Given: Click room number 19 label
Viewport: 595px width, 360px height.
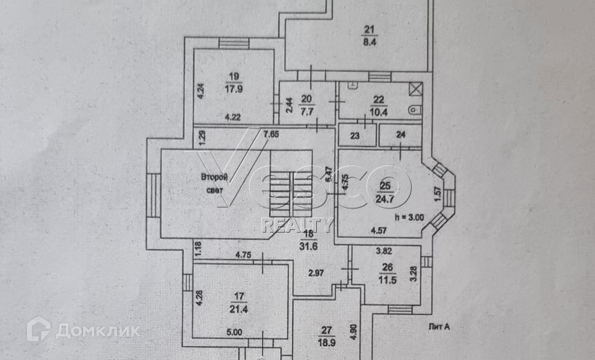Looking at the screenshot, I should tap(232, 76).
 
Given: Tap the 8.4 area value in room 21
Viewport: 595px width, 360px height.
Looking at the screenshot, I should tap(369, 41).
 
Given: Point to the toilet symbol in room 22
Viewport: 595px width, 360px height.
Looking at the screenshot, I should tap(414, 109).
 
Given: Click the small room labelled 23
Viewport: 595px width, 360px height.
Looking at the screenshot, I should tap(355, 136).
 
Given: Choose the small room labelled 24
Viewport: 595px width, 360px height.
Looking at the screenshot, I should tap(401, 136).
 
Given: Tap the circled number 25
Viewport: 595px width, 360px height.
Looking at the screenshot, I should tap(386, 186).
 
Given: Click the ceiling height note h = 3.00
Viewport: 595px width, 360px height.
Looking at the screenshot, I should tap(408, 216).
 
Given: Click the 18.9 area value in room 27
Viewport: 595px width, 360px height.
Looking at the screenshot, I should tap(326, 342).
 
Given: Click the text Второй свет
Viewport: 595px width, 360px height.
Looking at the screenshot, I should tap(214, 183).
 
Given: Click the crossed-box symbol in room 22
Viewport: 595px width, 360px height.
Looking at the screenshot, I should tap(416, 89).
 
